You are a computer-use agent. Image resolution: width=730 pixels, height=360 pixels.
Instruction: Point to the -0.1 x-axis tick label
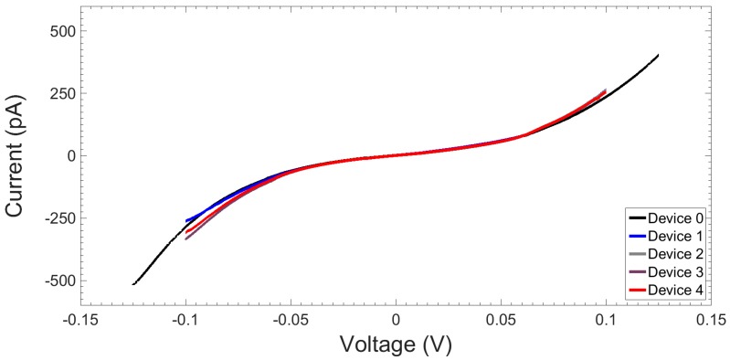click(186, 320)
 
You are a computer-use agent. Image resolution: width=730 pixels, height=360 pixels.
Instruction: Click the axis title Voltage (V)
click(396, 344)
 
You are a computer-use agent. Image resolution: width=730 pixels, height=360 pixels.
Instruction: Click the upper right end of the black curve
click(658, 55)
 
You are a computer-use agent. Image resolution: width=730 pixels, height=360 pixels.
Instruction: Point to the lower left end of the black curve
click(133, 284)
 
